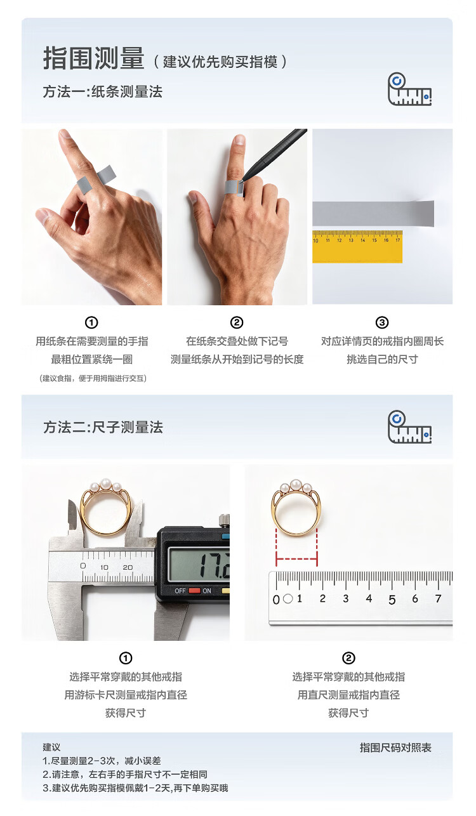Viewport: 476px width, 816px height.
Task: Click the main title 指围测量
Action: coord(94,58)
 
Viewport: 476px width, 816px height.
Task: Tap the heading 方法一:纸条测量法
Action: coord(102,91)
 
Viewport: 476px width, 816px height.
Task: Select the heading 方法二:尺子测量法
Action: coord(103,427)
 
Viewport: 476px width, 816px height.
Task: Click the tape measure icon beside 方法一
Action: coord(409,89)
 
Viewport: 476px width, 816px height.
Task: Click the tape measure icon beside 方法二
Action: coord(409,427)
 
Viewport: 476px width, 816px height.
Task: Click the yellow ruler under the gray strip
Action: coord(357,246)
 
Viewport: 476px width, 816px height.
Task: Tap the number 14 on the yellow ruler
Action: coord(362,240)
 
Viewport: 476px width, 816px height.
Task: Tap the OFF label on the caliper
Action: coord(180,591)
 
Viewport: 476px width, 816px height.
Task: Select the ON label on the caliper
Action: coord(207,591)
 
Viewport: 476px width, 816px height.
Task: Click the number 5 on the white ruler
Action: coord(392,600)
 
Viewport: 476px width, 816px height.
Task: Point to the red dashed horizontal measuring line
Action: coord(296,558)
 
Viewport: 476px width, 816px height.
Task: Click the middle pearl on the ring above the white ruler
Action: coord(296,485)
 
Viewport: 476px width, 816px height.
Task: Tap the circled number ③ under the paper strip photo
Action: coord(382,322)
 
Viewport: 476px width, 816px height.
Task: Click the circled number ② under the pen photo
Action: coord(237,322)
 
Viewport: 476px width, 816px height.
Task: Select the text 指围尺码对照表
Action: coord(395,748)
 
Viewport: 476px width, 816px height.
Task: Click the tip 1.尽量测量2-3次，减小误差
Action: coord(102,761)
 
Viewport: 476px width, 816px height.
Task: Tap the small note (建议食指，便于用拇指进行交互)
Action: coord(93,378)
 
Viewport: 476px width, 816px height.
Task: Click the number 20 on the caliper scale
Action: coord(128,567)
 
